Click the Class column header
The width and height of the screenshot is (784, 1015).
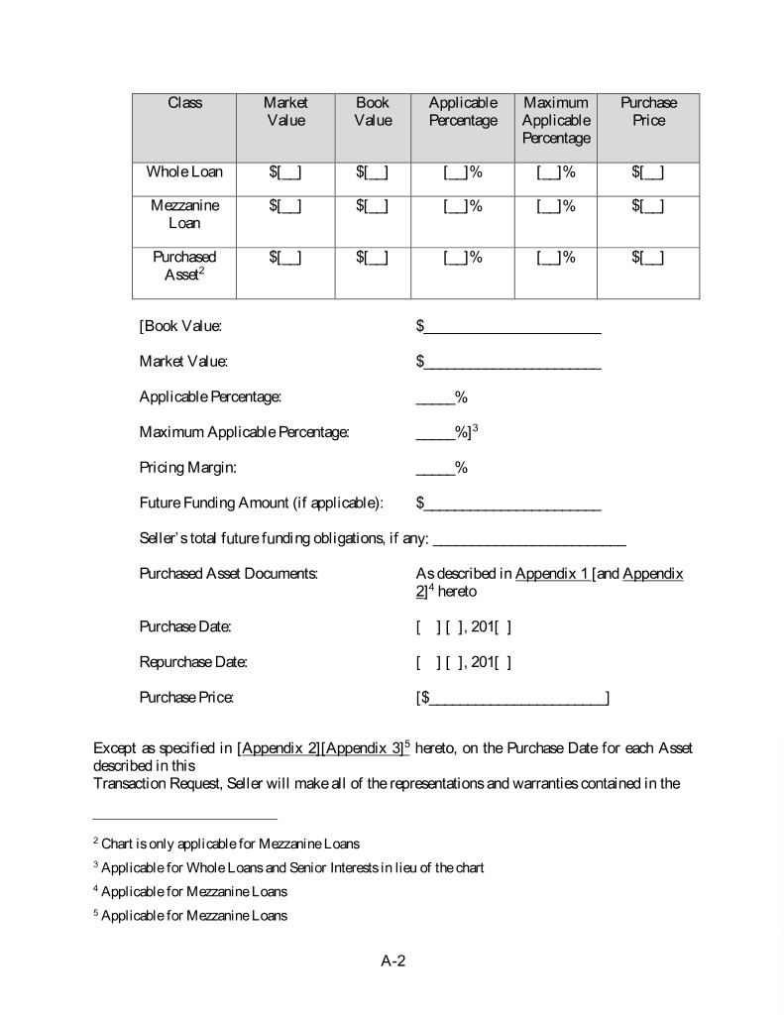(x=184, y=103)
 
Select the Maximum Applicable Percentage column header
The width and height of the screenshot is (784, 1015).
(x=555, y=120)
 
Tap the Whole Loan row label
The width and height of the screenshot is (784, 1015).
(x=184, y=171)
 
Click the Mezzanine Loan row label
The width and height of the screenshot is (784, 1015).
(x=184, y=214)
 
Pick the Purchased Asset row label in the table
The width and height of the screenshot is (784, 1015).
(x=184, y=266)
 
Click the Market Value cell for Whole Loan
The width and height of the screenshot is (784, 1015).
(x=285, y=172)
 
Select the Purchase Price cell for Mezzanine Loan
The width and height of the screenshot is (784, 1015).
(x=648, y=205)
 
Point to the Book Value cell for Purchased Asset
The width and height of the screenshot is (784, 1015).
(x=373, y=258)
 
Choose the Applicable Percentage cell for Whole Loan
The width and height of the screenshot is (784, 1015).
(x=463, y=172)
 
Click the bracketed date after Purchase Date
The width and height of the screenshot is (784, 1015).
(x=464, y=627)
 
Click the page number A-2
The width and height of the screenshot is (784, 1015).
(x=392, y=961)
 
